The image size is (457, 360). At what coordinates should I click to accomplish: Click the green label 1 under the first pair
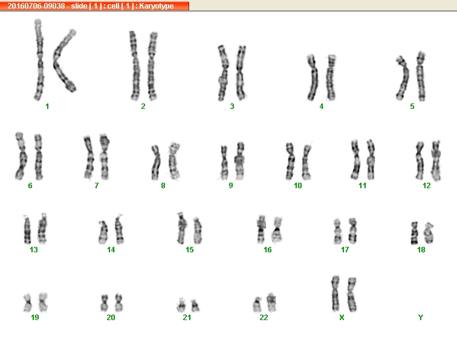pyautogui.click(x=47, y=106)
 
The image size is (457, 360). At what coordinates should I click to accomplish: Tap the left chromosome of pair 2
pyautogui.click(x=135, y=65)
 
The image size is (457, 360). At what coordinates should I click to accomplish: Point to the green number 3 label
pyautogui.click(x=232, y=106)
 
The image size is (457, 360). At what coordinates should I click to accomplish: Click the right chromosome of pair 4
pyautogui.click(x=331, y=77)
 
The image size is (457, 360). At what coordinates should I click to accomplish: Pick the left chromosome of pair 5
pyautogui.click(x=403, y=78)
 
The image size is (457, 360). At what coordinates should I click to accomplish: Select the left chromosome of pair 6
pyautogui.click(x=21, y=156)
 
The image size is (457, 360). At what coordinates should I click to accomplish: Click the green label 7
pyautogui.click(x=97, y=186)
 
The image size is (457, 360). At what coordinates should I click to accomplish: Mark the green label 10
pyautogui.click(x=298, y=186)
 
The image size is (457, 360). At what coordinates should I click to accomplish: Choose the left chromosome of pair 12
pyautogui.click(x=420, y=160)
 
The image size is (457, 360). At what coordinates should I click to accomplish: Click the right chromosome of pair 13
pyautogui.click(x=42, y=229)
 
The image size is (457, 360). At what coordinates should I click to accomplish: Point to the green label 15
pyautogui.click(x=189, y=250)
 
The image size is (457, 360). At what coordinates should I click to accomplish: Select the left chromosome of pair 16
pyautogui.click(x=261, y=229)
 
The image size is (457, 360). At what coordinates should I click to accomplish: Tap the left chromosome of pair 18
pyautogui.click(x=414, y=233)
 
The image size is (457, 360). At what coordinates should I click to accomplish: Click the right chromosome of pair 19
pyautogui.click(x=43, y=303)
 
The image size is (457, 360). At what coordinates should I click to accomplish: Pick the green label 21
pyautogui.click(x=187, y=318)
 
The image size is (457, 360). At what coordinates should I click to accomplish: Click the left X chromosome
pyautogui.click(x=335, y=293)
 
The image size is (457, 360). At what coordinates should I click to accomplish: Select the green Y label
pyautogui.click(x=421, y=318)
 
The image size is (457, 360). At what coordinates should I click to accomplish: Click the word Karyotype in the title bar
pyautogui.click(x=156, y=6)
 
